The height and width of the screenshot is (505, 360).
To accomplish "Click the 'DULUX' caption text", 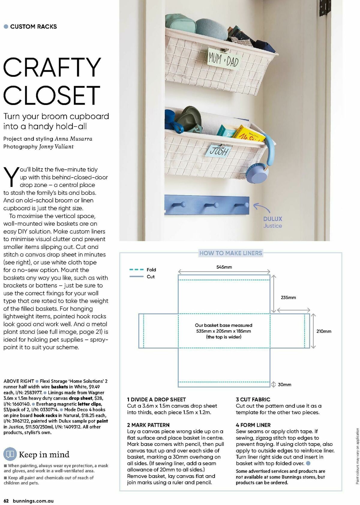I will pyautogui.click(x=272, y=219).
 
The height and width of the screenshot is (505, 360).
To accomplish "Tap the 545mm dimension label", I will pyautogui.click(x=224, y=267).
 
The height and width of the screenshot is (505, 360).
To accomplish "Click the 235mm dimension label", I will pyautogui.click(x=288, y=297).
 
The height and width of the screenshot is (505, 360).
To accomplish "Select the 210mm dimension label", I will pyautogui.click(x=324, y=331).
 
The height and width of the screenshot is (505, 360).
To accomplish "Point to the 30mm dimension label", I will pyautogui.click(x=284, y=384).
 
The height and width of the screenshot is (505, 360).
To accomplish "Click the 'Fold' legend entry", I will pyautogui.click(x=151, y=270).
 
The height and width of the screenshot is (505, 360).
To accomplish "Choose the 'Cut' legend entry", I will pyautogui.click(x=151, y=276).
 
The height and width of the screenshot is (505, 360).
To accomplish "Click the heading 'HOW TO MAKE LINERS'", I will pyautogui.click(x=231, y=253).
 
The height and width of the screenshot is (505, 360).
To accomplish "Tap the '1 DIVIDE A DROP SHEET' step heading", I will pyautogui.click(x=156, y=399).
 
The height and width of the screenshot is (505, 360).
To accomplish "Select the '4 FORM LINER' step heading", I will pyautogui.click(x=253, y=425).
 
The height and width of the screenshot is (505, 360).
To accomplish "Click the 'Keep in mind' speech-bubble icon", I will pyautogui.click(x=10, y=454).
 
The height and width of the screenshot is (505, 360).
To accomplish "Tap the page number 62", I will pyautogui.click(x=6, y=501).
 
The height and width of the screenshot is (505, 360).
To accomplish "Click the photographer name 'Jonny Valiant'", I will pyautogui.click(x=56, y=147).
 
